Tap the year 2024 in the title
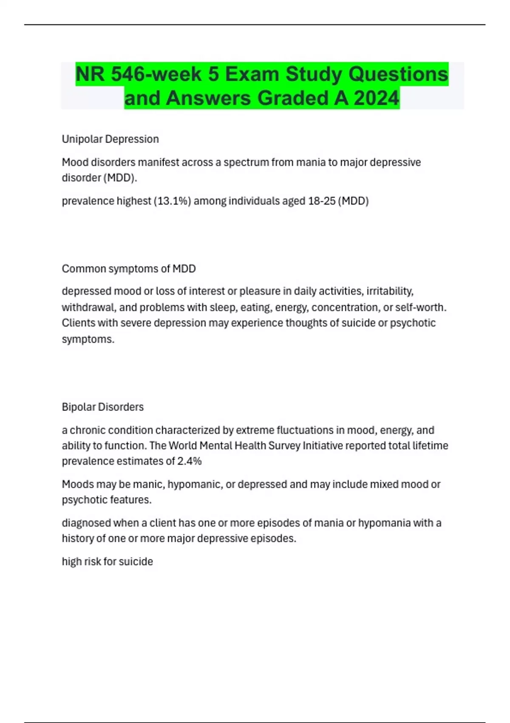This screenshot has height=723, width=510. (377, 98)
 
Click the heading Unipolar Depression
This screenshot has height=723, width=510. (110, 139)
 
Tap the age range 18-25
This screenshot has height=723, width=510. (321, 201)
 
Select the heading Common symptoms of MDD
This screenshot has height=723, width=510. (129, 269)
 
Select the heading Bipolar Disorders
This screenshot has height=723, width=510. (103, 407)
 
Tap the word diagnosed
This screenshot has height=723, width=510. (84, 523)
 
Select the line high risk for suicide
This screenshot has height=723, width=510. (108, 561)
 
